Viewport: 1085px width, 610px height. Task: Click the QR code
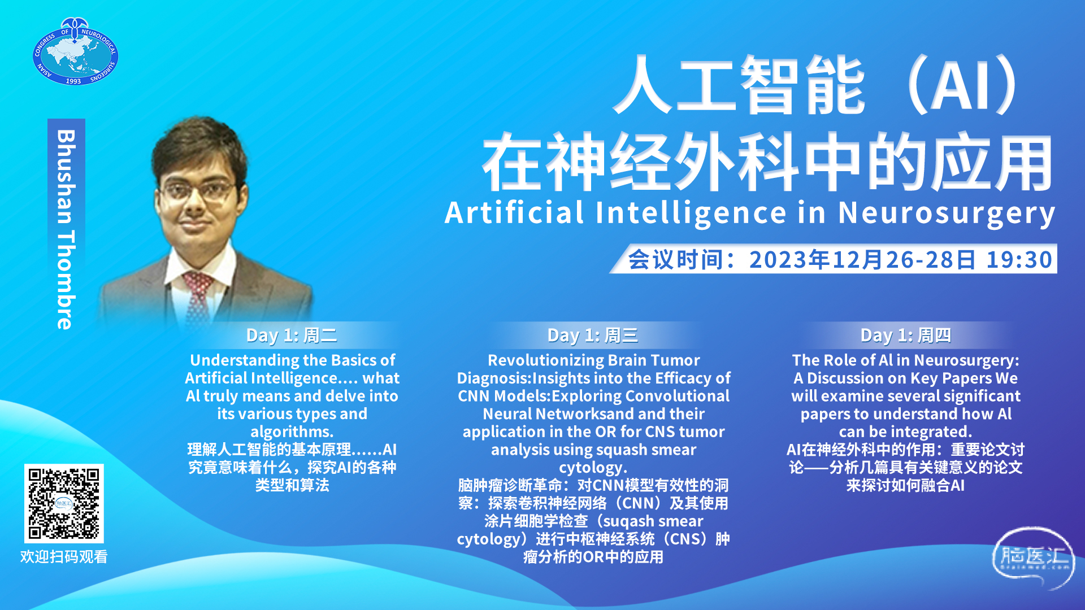tap(64, 503)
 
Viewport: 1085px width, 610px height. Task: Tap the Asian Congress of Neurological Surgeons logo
tap(75, 51)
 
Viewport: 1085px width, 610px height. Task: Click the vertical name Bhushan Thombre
tap(66, 229)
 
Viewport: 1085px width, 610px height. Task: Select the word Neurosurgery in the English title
tap(947, 213)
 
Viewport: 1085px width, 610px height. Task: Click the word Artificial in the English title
tap(514, 212)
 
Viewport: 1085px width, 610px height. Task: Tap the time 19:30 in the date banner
tap(1019, 259)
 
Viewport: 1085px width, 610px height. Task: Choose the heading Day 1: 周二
tap(292, 335)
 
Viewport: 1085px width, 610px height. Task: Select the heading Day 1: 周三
tap(593, 335)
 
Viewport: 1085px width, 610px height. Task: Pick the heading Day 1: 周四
tap(906, 335)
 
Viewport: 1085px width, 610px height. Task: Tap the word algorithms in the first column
tap(292, 432)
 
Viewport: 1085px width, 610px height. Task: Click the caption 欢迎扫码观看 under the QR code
tap(64, 557)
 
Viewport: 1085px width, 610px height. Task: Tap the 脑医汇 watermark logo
tap(1034, 557)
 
